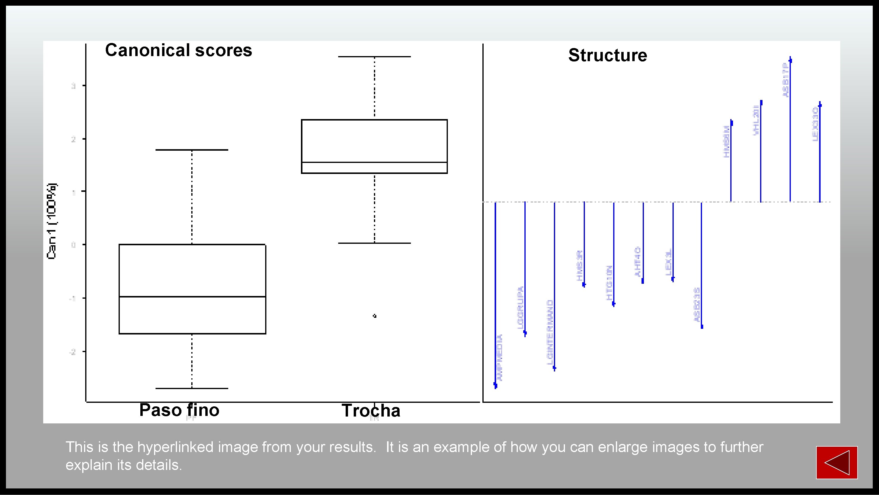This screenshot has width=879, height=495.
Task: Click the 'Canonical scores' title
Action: pos(178,50)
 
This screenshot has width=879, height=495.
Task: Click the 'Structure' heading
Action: pos(607,55)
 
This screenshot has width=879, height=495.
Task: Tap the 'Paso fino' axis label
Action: pos(179,410)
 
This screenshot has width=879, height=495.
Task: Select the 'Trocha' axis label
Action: pos(371,410)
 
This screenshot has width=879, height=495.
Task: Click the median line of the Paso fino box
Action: pos(192,297)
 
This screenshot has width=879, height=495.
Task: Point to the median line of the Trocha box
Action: pos(374,162)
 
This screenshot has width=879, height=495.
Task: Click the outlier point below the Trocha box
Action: pos(374,316)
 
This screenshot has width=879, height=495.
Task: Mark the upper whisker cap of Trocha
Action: pos(374,57)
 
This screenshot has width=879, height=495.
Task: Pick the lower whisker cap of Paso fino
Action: pos(192,388)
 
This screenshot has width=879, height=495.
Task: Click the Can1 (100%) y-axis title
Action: pos(52,221)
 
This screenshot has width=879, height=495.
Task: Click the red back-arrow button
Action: pos(836,462)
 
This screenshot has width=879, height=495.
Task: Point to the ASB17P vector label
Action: pos(785,81)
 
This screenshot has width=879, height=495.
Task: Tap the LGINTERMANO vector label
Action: pos(550,332)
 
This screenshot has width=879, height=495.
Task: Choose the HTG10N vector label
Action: pos(609,283)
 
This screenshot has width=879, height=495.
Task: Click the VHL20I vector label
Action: pos(756,120)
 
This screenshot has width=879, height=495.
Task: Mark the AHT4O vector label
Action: pos(637,261)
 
